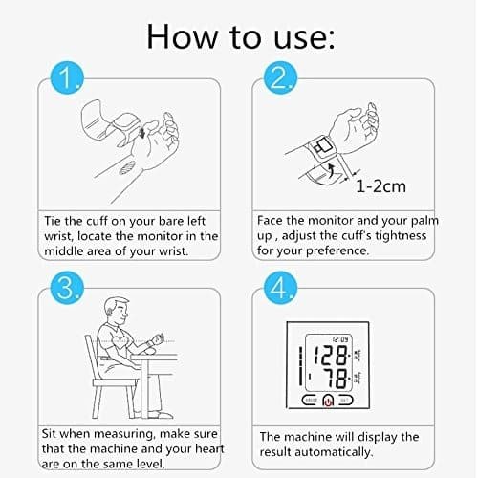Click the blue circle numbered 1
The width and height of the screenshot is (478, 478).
point(67,78)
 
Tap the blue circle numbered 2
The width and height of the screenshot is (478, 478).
point(280,78)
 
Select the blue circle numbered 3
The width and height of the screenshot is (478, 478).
point(67,288)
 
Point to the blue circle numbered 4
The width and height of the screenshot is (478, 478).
point(280,288)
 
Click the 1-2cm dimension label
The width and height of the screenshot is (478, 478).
point(380,186)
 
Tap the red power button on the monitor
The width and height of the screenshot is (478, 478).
point(328,401)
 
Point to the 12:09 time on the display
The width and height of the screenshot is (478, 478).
point(340,339)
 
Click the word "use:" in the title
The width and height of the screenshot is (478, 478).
point(304,37)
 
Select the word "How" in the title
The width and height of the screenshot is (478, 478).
point(182,36)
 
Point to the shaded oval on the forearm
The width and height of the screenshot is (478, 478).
point(127,167)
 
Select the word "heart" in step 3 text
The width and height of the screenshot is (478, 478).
point(209,448)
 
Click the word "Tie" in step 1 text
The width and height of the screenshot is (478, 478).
point(53,221)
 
